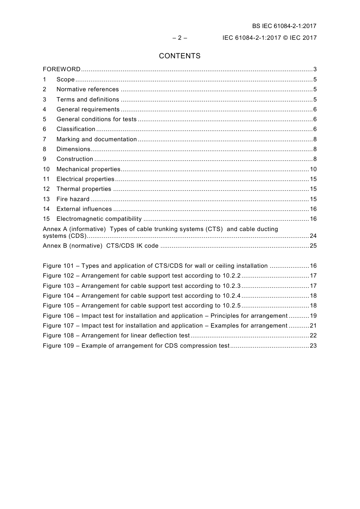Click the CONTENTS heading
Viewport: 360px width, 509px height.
[180, 56]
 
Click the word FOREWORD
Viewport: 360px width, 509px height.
[61, 69]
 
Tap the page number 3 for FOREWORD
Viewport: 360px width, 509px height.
[315, 69]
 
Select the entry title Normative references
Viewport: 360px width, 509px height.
[88, 89]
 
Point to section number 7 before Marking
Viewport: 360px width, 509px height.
[44, 139]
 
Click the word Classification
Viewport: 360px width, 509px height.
[76, 129]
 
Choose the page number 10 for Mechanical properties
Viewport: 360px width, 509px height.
[313, 169]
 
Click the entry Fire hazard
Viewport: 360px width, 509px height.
[73, 199]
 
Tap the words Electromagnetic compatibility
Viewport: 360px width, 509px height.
[99, 219]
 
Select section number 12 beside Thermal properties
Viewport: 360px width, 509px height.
[46, 189]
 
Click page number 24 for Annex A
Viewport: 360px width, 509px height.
[313, 236]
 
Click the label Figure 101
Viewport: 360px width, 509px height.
[58, 266]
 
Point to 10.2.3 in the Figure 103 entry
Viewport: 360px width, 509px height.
[231, 286]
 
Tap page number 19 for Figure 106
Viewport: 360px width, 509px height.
[313, 316]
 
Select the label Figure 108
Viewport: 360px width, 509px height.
[58, 336]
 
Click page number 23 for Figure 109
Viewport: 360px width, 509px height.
[313, 346]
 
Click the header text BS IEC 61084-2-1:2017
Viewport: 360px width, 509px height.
[284, 26]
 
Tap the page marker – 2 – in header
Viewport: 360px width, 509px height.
[180, 38]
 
